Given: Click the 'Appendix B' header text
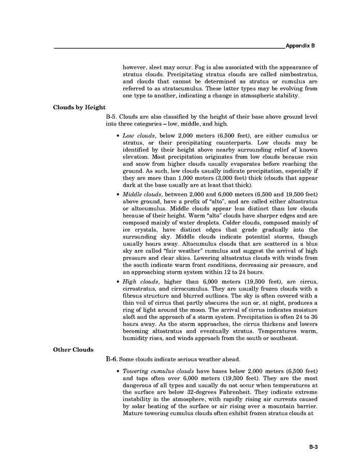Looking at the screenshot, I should [x=300, y=46].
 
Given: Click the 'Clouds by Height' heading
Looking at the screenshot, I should [x=79, y=108].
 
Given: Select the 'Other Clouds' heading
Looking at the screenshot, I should [x=74, y=349].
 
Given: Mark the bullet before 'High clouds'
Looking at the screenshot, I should [x=119, y=281].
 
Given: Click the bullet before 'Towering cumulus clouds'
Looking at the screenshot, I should [x=119, y=371].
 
